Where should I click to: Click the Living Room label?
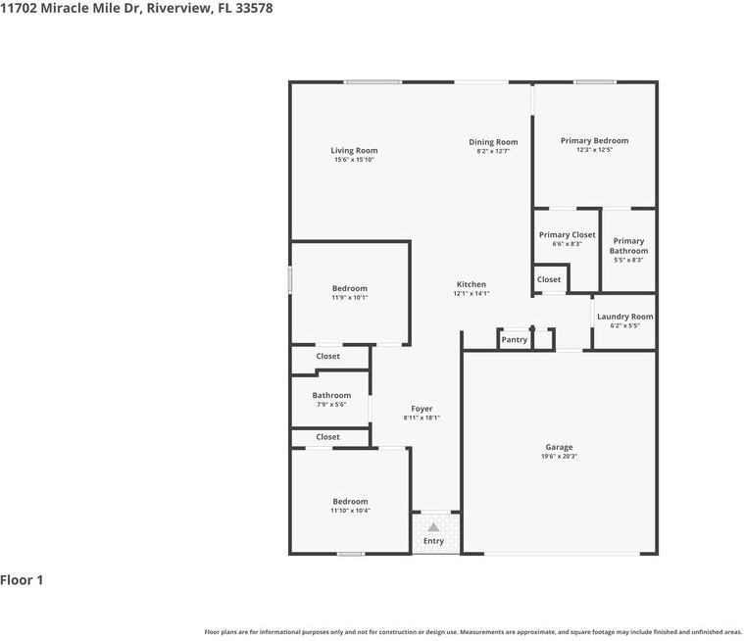[354, 150]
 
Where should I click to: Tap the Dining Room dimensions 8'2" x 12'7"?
[493, 151]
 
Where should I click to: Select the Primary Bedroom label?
[595, 140]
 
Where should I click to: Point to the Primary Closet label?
[567, 234]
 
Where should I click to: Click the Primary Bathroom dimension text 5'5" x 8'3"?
[628, 260]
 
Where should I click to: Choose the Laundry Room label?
[625, 317]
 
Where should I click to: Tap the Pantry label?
[515, 340]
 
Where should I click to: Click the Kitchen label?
[471, 284]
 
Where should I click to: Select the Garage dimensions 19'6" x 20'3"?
[559, 457]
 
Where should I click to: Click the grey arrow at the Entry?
[433, 527]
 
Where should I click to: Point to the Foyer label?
[422, 409]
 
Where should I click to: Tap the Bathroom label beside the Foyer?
[331, 395]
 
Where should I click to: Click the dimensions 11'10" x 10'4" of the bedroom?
[350, 511]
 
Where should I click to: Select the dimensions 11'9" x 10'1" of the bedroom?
[350, 298]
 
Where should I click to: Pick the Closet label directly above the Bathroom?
[327, 356]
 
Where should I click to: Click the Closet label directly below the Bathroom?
[327, 437]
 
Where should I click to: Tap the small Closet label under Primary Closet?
[549, 279]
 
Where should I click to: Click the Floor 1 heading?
[22, 580]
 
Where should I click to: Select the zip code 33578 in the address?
[254, 8]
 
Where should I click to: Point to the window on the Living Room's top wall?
[372, 82]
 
